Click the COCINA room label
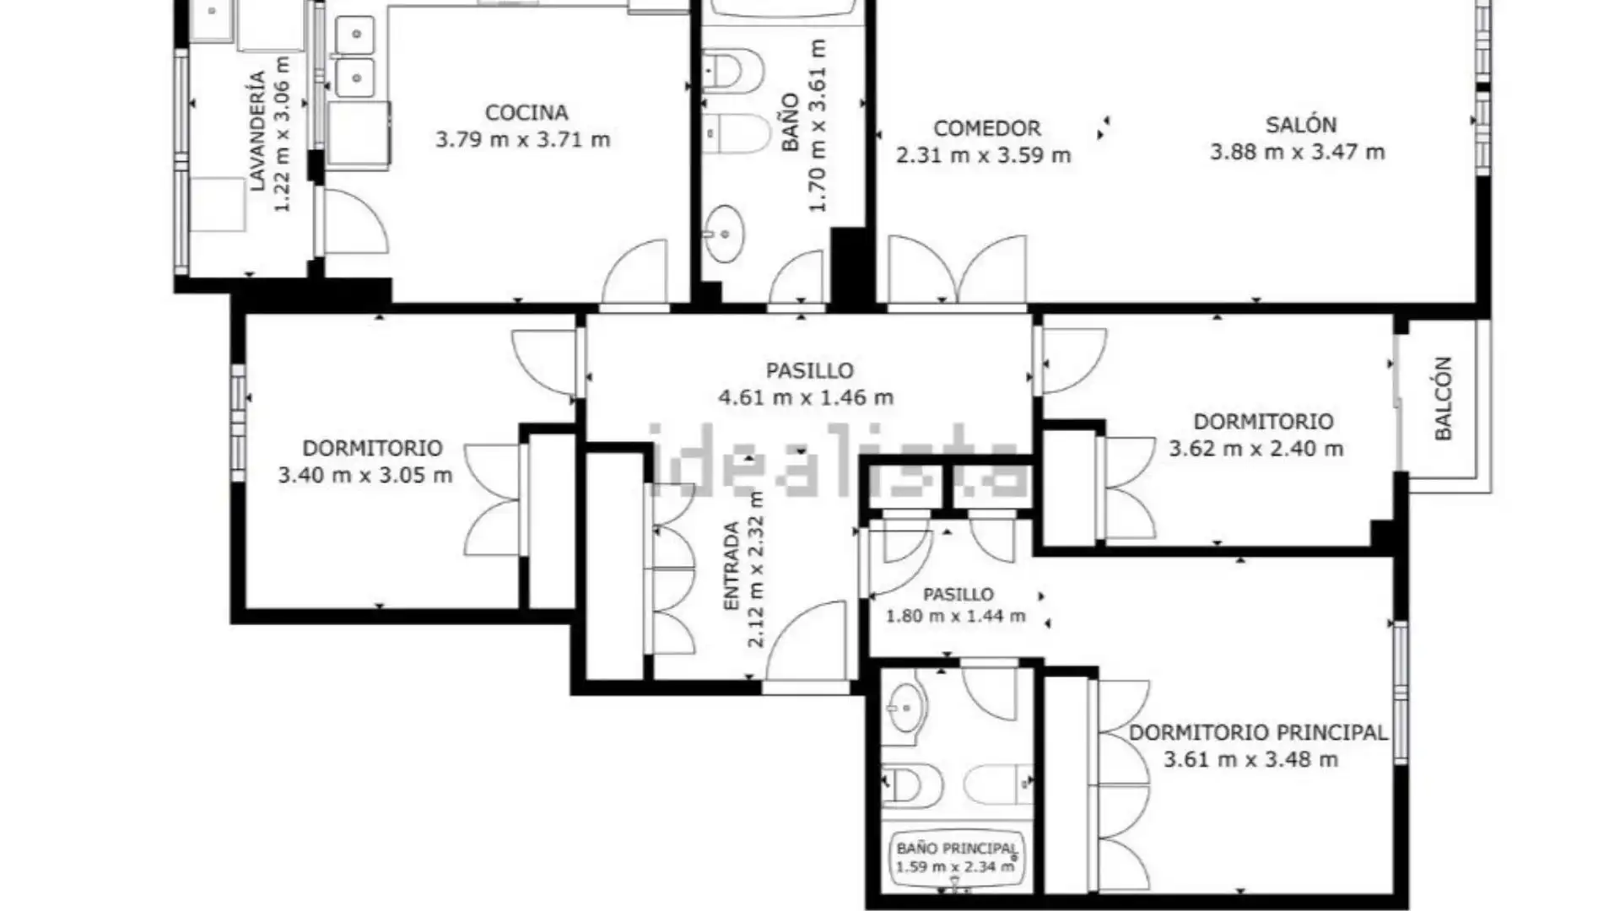[526, 112]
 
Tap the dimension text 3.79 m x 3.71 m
[522, 139]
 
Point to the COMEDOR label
[986, 128]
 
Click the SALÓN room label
[1300, 125]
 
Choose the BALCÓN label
[1443, 398]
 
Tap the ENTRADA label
[731, 566]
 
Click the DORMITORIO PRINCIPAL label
[1258, 732]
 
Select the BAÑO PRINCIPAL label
[956, 848]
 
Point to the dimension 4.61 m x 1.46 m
[806, 397]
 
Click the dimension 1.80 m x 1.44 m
[955, 617]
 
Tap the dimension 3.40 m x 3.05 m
[365, 475]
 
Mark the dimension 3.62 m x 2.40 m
[1255, 449]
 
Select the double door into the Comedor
[957, 268]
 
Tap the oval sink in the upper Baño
[723, 233]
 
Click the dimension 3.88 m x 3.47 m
[1298, 152]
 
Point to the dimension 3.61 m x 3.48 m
[1250, 759]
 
